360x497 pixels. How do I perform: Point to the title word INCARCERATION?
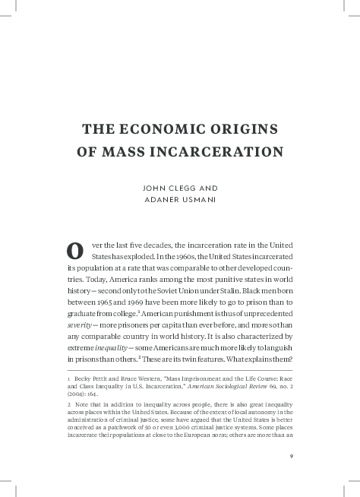point(224,151)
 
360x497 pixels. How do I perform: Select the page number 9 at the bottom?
point(292,455)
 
